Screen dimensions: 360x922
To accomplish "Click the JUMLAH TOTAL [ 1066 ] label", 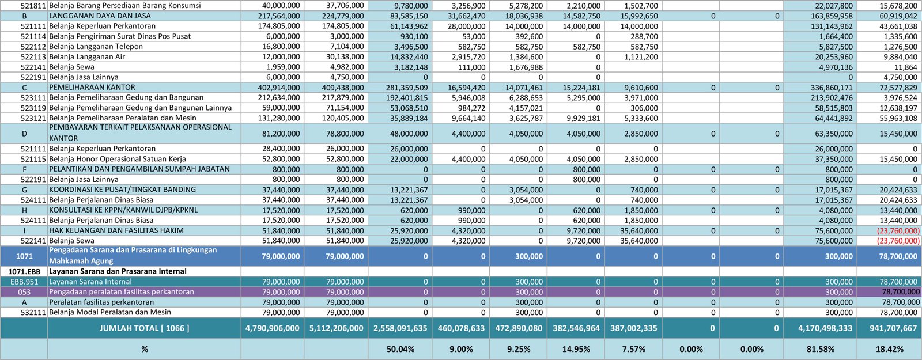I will point(144,328).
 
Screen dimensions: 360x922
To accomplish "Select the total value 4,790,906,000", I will point(273,328).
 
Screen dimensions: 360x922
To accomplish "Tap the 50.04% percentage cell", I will point(400,349).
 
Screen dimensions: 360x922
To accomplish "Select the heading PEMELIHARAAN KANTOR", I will point(92,88).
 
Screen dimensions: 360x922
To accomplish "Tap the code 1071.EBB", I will point(24,271).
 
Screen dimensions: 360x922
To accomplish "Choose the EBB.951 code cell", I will point(25,282).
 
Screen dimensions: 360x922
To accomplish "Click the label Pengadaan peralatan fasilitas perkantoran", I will point(122,292).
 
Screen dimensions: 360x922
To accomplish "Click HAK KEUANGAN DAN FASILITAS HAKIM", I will point(116,230).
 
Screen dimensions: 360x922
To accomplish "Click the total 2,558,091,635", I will point(400,328).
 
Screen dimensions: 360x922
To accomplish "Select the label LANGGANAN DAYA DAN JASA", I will point(100,16).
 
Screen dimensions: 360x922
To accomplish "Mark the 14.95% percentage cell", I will point(576,349).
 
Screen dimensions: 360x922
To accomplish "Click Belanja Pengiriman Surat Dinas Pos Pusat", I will point(120,36).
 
